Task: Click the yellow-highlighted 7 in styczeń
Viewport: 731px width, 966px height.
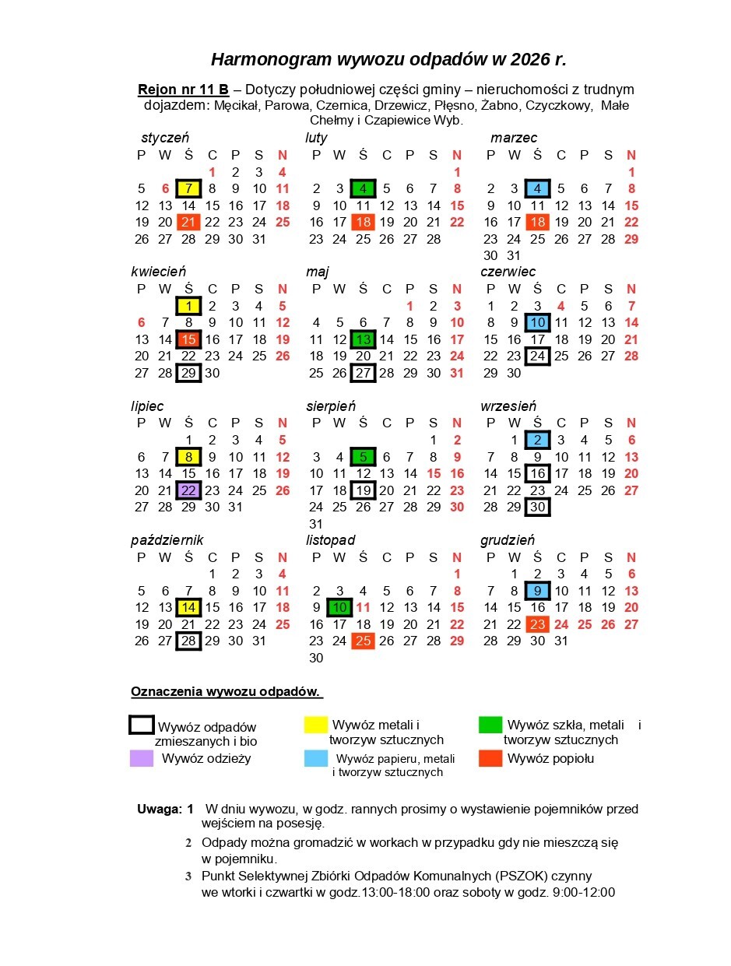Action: (x=188, y=188)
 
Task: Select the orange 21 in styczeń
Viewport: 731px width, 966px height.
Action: (x=188, y=223)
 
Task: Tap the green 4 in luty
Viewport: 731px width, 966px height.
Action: (x=363, y=188)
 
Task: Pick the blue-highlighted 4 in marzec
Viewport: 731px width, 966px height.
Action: (x=537, y=188)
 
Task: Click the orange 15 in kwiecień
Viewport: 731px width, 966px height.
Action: (x=188, y=339)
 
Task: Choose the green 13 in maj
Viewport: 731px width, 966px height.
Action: (x=363, y=339)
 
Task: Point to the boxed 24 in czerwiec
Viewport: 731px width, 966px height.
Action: (x=537, y=357)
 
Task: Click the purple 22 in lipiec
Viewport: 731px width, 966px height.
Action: (x=188, y=490)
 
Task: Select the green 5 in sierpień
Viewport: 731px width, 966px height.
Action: (x=363, y=457)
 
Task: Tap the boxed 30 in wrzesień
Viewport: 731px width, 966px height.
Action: (x=537, y=508)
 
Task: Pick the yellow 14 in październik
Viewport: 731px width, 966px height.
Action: (x=188, y=607)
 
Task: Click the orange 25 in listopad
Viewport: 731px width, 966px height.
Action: (x=363, y=641)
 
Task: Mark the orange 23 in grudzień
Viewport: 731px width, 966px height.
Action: (x=537, y=624)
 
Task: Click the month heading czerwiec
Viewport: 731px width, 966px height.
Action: (x=508, y=272)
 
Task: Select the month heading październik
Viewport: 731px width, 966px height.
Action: (x=167, y=540)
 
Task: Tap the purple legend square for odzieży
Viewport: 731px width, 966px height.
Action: (x=141, y=758)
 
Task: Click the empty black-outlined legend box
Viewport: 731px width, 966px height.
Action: (x=142, y=725)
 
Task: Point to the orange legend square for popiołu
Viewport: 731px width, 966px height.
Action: (x=490, y=758)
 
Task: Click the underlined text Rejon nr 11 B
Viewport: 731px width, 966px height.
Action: (x=183, y=90)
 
